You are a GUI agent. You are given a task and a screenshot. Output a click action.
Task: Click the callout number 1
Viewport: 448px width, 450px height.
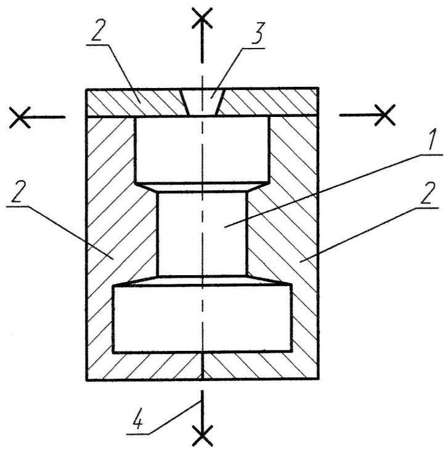(x=431, y=139)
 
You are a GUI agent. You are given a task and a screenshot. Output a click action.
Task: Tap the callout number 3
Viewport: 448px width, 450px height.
(x=256, y=34)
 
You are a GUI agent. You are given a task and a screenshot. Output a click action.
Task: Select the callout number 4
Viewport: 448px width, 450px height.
(x=137, y=421)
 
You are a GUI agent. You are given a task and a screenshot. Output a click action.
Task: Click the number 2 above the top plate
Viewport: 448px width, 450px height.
(x=97, y=30)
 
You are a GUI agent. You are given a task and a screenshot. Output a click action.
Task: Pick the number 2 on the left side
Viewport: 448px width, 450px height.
(x=17, y=191)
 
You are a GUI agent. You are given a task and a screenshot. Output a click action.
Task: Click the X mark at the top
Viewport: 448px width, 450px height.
(x=202, y=18)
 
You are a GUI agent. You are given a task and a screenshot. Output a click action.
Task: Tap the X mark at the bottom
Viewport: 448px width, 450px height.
(x=203, y=435)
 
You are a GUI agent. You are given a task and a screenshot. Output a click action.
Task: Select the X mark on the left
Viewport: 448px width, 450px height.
(x=20, y=118)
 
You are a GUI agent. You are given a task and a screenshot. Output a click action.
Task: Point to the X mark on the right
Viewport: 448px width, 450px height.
(x=385, y=115)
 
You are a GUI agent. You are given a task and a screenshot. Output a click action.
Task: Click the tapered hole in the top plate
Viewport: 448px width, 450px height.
(x=202, y=102)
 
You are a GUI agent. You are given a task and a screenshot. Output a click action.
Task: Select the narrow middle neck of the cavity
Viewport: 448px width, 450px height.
(x=202, y=233)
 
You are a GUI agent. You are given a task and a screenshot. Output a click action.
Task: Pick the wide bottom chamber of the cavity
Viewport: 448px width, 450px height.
(x=203, y=318)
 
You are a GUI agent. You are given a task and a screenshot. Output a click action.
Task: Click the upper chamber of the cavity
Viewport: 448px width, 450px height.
(x=202, y=149)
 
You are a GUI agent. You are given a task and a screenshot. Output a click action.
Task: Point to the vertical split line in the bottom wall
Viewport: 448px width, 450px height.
(x=203, y=366)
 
